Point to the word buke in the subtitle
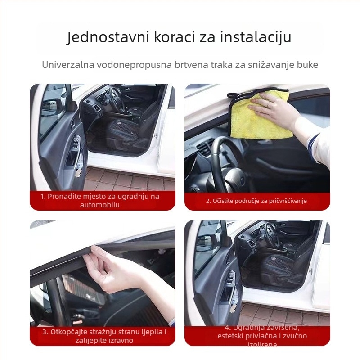coord(307,64)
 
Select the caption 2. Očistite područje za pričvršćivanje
coord(256,201)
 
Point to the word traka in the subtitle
coord(221,64)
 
